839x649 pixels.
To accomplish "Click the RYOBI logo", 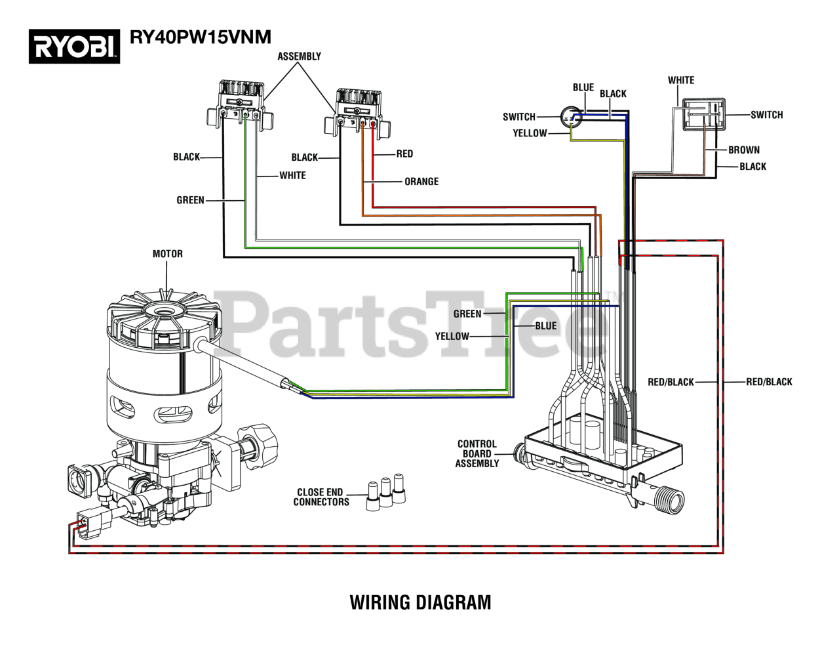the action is click(x=74, y=46).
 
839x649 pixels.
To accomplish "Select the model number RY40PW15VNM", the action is click(x=201, y=37).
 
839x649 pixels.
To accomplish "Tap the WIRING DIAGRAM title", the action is click(x=420, y=602).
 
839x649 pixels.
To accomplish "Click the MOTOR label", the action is click(x=168, y=254).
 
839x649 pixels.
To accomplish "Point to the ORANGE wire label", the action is click(x=421, y=181).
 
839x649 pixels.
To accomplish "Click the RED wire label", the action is click(x=404, y=154).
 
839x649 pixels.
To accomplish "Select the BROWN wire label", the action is click(x=744, y=150).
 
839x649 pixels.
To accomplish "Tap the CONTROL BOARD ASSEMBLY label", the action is click(x=477, y=454).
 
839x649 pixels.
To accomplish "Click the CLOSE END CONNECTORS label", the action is click(x=321, y=497).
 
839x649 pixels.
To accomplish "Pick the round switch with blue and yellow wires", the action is click(x=571, y=116).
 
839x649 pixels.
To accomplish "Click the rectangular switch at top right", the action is click(x=703, y=114).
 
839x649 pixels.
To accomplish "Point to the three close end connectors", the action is click(x=385, y=492).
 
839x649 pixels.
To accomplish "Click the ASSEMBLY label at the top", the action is click(x=300, y=56).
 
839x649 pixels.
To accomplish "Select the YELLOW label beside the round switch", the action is click(x=530, y=133).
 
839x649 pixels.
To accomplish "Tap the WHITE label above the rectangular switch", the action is click(x=681, y=81).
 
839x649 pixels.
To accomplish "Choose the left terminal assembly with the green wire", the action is click(x=240, y=105).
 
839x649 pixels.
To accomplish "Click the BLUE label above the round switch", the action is click(x=583, y=88).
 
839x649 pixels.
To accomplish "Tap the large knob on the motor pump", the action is click(x=258, y=446).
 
